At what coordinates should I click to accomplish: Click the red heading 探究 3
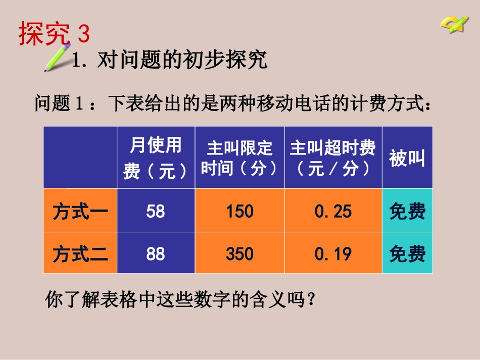(54, 34)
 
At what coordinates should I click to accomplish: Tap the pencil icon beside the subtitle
(58, 58)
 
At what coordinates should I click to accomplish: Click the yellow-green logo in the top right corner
(454, 24)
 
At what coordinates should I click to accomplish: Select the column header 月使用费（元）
(156, 158)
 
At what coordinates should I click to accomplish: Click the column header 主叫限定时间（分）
(239, 158)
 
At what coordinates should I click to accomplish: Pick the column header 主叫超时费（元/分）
(333, 158)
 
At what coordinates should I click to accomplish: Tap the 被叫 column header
(407, 158)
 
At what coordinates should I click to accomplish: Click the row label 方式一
(80, 211)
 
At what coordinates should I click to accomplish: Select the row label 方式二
(80, 253)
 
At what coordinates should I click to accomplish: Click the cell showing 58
(156, 211)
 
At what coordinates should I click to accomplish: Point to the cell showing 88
(156, 253)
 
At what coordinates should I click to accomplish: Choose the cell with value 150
(239, 211)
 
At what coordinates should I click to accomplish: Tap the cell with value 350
(239, 253)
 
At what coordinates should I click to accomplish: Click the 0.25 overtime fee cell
(333, 211)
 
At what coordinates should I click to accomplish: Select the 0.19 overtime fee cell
(333, 253)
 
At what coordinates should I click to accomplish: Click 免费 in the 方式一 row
(407, 211)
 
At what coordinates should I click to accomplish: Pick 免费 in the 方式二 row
(407, 253)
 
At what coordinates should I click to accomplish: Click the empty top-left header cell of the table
(80, 158)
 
